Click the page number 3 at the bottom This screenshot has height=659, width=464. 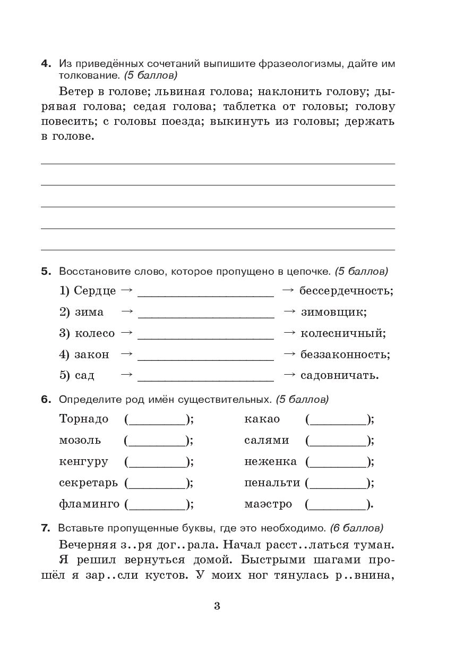217,606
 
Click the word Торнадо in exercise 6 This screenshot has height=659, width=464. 84,419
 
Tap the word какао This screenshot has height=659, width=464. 262,419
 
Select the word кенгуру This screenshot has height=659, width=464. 83,462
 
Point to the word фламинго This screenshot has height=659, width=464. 89,504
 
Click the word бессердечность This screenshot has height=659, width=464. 346,291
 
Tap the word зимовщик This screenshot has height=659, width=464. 333,312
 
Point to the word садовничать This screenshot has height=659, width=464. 339,375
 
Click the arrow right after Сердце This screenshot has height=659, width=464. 126,290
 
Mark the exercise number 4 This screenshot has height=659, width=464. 46,64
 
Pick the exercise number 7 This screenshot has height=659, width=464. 46,528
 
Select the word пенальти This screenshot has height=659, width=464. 272,483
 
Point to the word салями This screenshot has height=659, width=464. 267,441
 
